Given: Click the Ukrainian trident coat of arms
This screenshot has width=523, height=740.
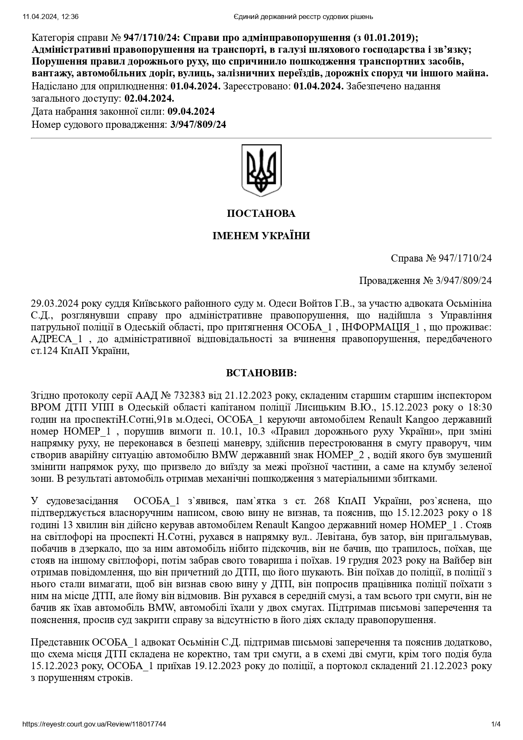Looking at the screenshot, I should (x=261, y=170).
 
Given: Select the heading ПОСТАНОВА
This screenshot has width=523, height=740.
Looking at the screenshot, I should (x=261, y=213).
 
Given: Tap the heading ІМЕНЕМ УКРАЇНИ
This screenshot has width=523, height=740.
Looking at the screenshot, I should (x=261, y=236).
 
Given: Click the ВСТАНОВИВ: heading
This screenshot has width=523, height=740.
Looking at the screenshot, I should (x=261, y=373).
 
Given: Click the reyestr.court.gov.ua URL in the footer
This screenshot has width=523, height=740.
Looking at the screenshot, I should (x=94, y=724).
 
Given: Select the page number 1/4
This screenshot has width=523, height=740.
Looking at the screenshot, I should (x=496, y=724).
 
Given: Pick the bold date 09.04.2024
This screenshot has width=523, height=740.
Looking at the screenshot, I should (x=191, y=112).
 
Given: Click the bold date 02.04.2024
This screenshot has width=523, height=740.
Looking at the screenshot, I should (x=149, y=99).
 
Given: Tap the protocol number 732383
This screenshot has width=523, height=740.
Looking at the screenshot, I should (x=189, y=396).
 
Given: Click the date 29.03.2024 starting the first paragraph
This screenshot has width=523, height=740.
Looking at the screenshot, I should (x=52, y=304).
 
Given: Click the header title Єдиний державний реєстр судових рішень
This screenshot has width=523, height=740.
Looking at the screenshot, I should (x=303, y=17).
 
